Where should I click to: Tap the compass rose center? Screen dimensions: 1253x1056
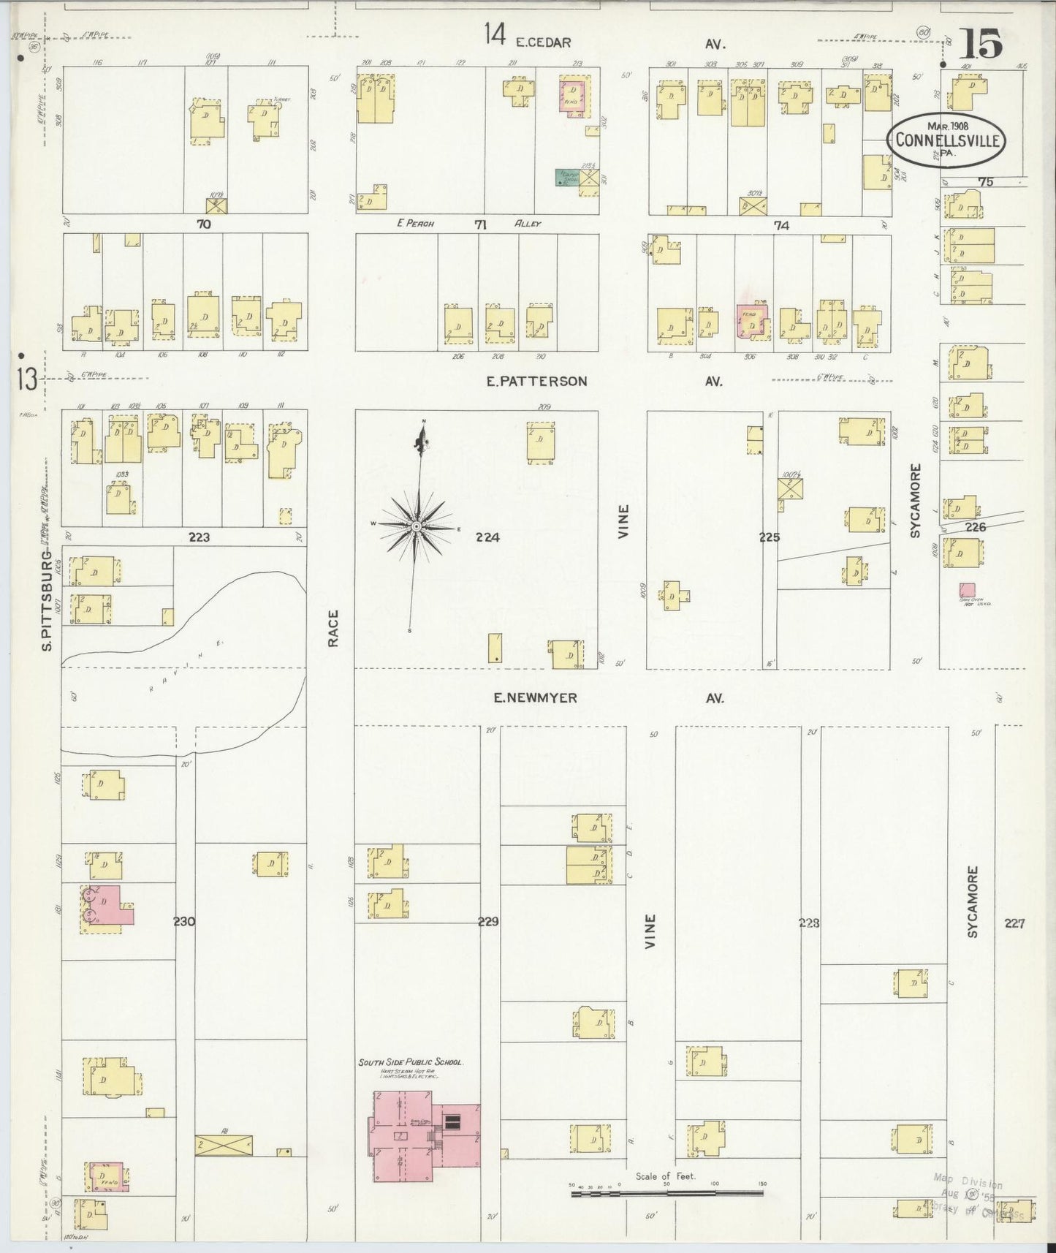(x=416, y=526)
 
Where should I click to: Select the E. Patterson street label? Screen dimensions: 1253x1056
(x=537, y=381)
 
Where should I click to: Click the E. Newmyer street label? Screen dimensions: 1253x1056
(x=535, y=698)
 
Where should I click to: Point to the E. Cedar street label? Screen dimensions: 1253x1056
(x=542, y=43)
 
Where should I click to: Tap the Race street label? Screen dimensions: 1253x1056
(x=334, y=628)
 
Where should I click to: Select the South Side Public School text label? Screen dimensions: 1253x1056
(x=411, y=1063)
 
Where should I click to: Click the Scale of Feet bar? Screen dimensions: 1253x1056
(x=666, y=1194)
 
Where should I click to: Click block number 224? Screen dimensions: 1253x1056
(x=487, y=537)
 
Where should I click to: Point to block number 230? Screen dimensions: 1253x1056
(x=184, y=922)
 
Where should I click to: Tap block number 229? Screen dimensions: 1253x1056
(x=487, y=922)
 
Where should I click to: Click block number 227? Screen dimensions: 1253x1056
(x=1014, y=923)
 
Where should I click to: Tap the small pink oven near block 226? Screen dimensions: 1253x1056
(x=967, y=588)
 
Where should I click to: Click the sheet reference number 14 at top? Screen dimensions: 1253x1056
(x=495, y=33)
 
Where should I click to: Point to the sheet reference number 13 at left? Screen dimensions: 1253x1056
(x=27, y=379)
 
